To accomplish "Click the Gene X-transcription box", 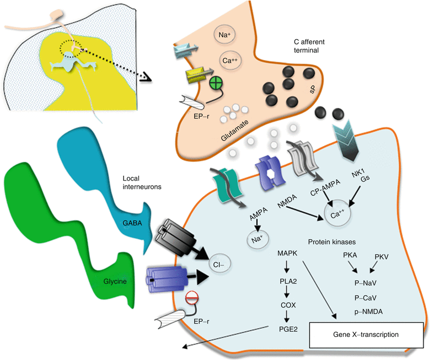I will pos(366,334).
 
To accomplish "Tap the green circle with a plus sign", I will pos(216,83).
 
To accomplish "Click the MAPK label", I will pos(286,254).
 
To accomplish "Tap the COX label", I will pos(286,303).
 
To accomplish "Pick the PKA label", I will pos(350,255).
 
